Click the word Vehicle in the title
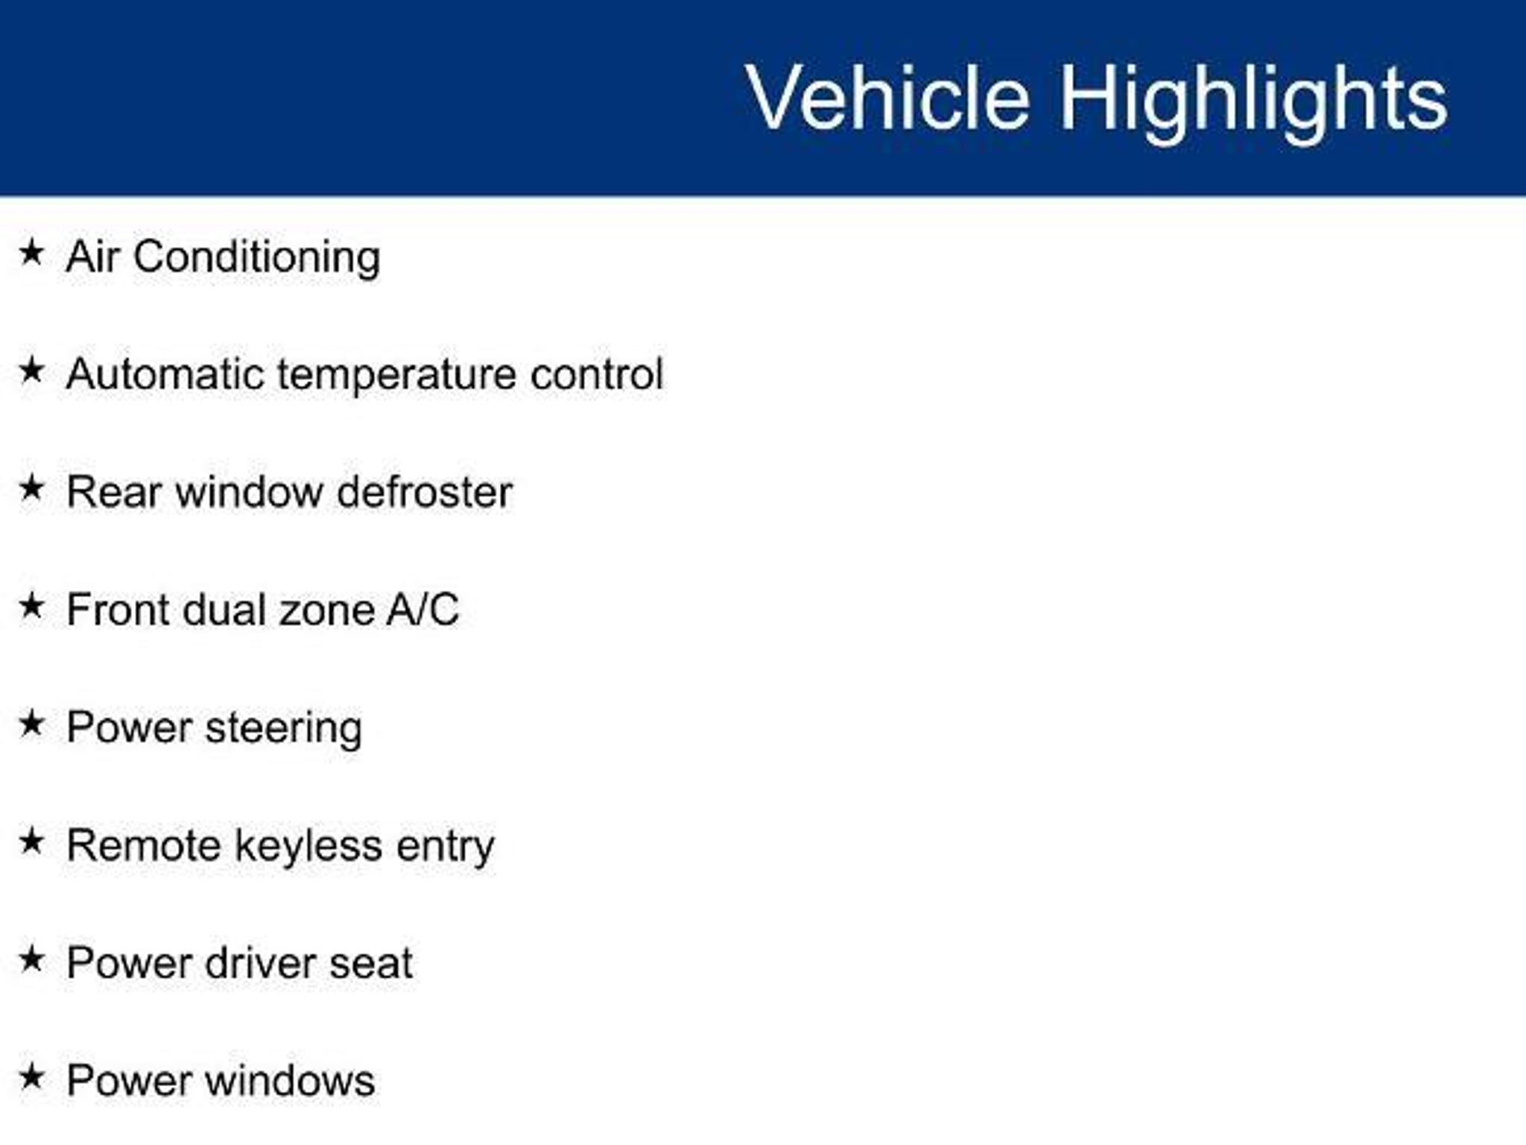pyautogui.click(x=887, y=98)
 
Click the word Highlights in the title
pyautogui.click(x=1254, y=103)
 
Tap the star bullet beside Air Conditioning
pyautogui.click(x=31, y=252)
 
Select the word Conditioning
pyautogui.click(x=257, y=258)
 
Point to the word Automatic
pyautogui.click(x=165, y=373)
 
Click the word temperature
pyautogui.click(x=396, y=376)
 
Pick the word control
pyautogui.click(x=596, y=373)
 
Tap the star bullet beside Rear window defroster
pyautogui.click(x=31, y=488)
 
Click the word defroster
pyautogui.click(x=425, y=492)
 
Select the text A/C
pyautogui.click(x=422, y=610)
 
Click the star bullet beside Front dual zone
pyautogui.click(x=31, y=605)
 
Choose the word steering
pyautogui.click(x=283, y=730)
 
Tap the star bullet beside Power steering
pyautogui.click(x=31, y=723)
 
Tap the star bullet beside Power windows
pyautogui.click(x=31, y=1076)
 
